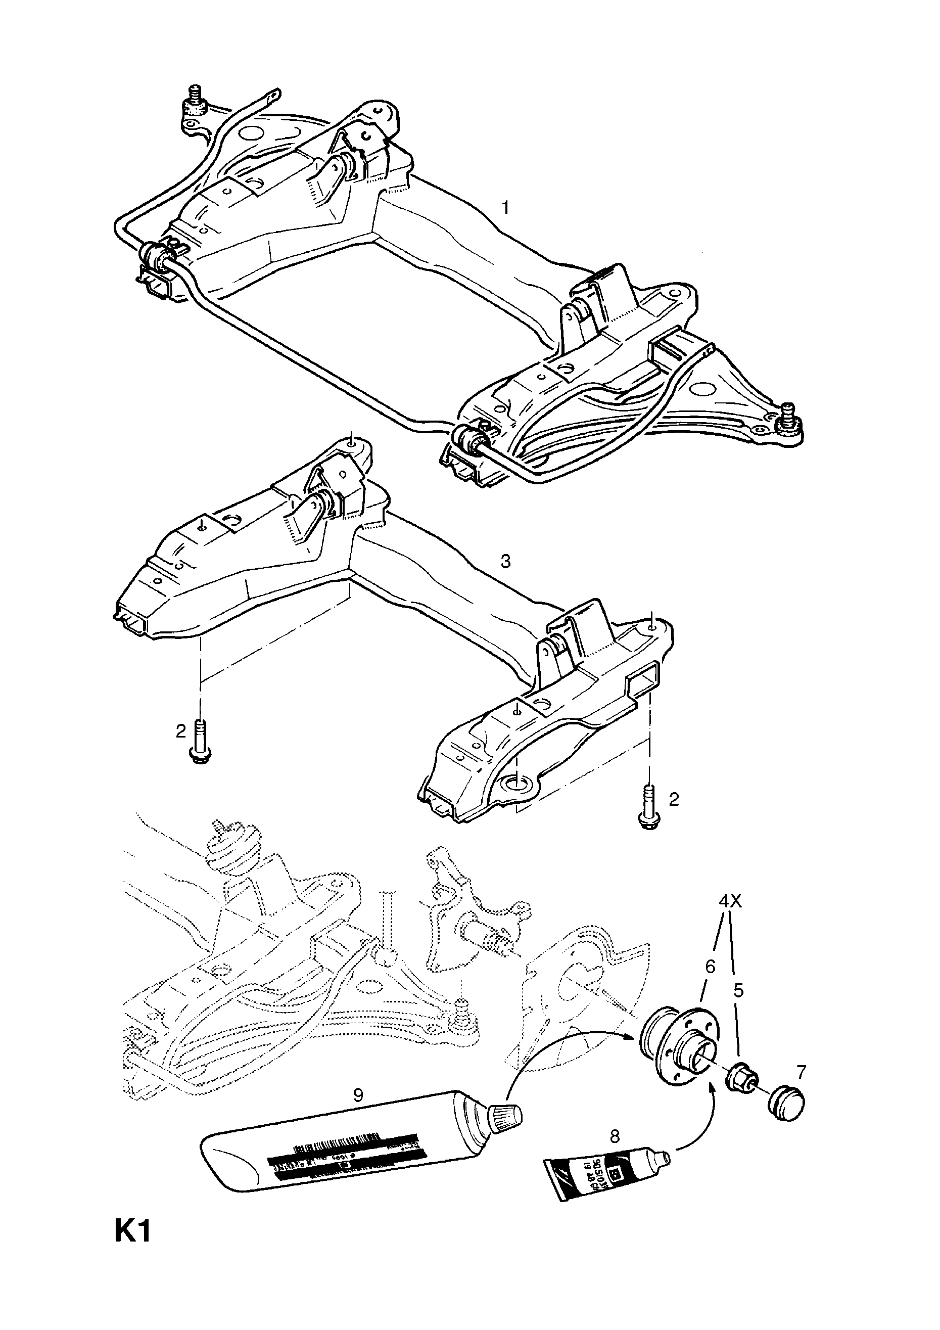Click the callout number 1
point(505,207)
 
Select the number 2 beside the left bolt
point(181,731)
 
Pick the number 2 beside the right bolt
point(673,799)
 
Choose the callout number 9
point(358,1095)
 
